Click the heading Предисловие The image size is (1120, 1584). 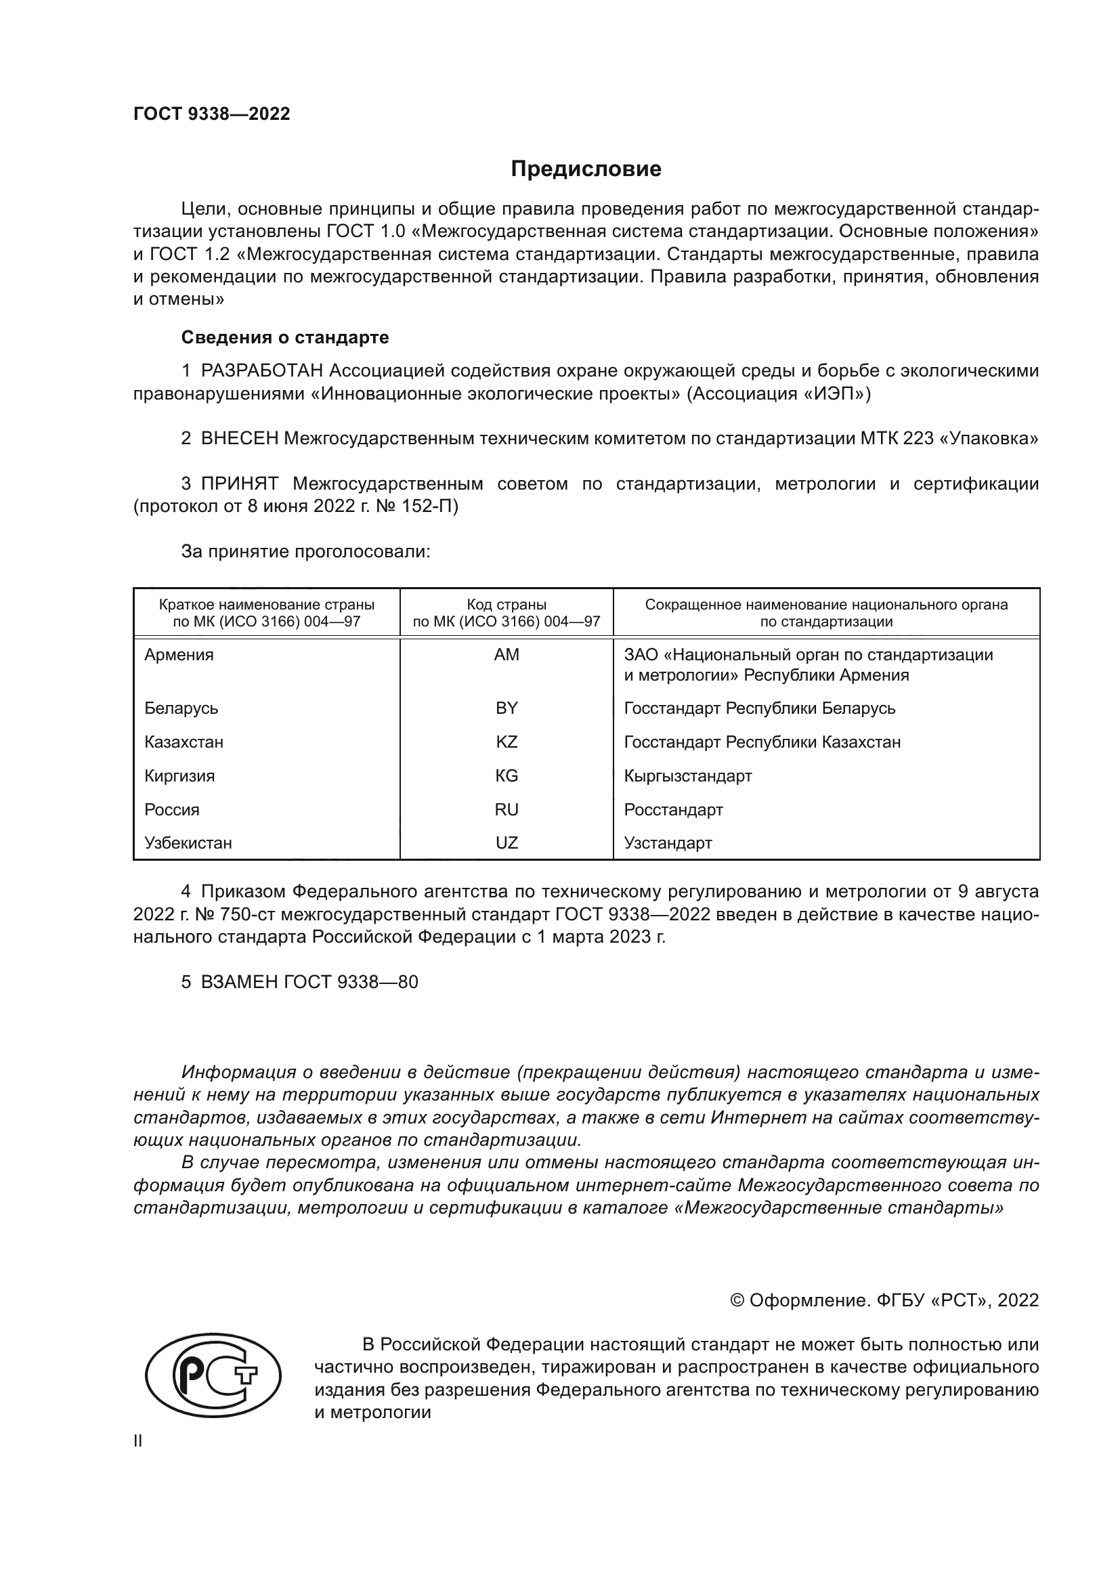(x=586, y=169)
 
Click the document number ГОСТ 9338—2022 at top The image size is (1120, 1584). (x=212, y=114)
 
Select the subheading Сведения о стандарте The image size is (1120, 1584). (x=285, y=337)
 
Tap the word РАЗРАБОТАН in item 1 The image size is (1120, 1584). (x=262, y=371)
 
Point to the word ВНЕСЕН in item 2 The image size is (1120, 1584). (x=239, y=439)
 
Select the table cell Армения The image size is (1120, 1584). (x=179, y=655)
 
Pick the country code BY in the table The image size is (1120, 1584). (x=507, y=708)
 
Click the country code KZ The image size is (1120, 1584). (x=507, y=742)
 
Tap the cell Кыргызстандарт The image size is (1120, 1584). (x=687, y=776)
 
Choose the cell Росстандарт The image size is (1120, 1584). (x=673, y=810)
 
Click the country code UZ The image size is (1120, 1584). (x=507, y=843)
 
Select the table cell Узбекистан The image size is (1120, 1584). (x=188, y=843)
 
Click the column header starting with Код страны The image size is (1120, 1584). (x=507, y=613)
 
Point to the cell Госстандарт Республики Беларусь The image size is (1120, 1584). (x=759, y=708)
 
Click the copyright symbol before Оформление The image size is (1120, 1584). (x=737, y=1300)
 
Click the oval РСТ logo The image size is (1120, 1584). (x=213, y=1375)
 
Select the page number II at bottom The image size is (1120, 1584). (x=138, y=1441)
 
